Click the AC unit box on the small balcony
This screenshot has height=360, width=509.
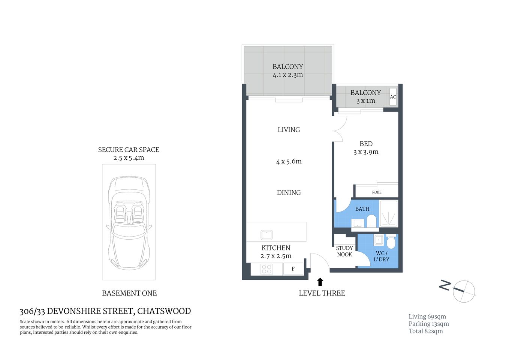[393, 97]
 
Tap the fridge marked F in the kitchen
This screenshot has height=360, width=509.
[293, 269]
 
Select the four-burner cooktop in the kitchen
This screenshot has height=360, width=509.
[266, 269]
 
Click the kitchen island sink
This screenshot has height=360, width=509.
[266, 235]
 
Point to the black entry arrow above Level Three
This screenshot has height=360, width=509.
[320, 282]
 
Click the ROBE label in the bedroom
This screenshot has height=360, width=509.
[377, 192]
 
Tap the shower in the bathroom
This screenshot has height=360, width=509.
[389, 214]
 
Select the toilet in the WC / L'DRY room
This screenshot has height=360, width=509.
[391, 242]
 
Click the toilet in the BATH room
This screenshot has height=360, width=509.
[371, 221]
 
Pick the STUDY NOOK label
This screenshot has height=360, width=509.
[344, 251]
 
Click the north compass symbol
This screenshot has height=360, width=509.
[464, 291]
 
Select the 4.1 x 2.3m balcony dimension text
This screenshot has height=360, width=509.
[287, 75]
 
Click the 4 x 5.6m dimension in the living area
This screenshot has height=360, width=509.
[289, 162]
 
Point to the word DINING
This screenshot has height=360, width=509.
[289, 193]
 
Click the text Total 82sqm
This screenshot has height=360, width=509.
[426, 331]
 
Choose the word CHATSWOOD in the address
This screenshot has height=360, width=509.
[164, 311]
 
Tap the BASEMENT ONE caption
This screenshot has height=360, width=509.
[129, 293]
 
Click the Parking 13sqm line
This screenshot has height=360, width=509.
[429, 324]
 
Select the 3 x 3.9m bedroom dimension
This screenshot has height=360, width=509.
[366, 152]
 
